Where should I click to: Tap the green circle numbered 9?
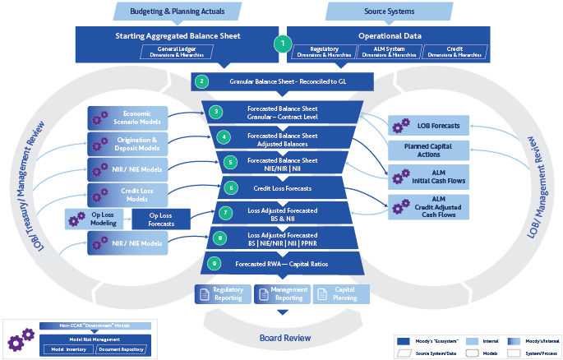pos(215,264)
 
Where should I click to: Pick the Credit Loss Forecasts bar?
pos(282,188)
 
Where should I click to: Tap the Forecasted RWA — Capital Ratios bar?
pos(282,264)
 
